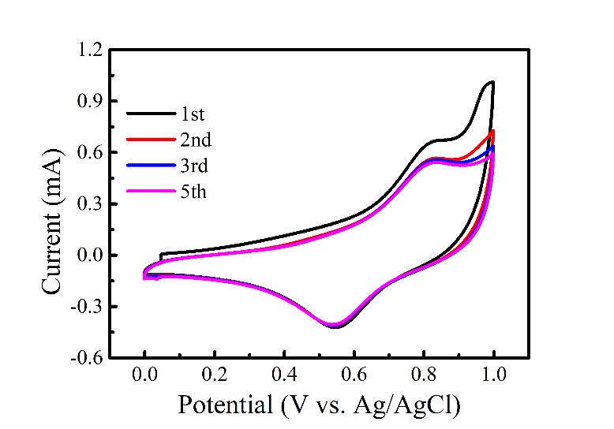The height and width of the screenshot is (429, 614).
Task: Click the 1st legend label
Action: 192,115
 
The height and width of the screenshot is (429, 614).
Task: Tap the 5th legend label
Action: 193,190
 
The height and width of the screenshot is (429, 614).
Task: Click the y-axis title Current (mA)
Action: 52,203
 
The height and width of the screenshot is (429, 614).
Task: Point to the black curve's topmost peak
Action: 492,81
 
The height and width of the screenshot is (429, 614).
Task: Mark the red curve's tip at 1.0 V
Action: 493,132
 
